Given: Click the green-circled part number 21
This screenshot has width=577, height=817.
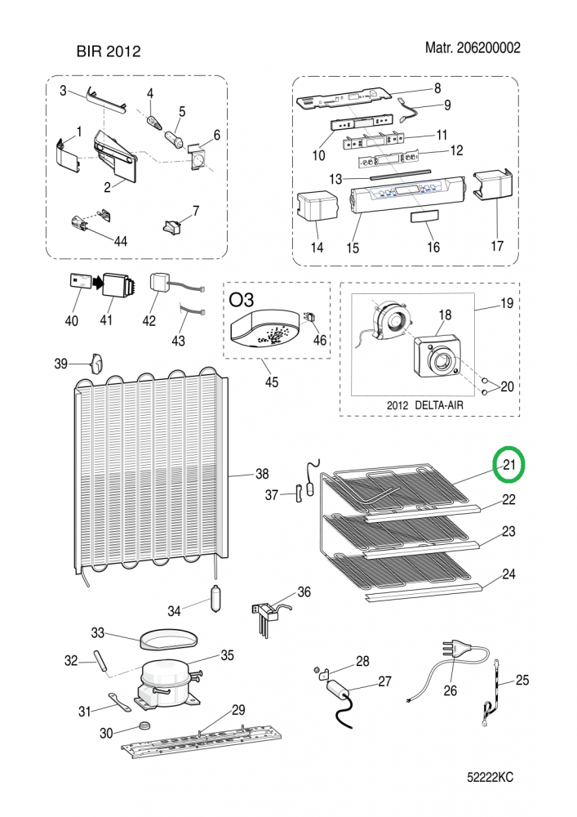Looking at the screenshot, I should [x=510, y=466].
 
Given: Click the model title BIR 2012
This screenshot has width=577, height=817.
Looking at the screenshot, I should [x=109, y=51].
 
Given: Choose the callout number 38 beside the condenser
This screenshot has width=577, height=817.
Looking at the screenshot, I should [x=262, y=474].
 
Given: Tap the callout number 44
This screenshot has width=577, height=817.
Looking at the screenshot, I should [x=120, y=240].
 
